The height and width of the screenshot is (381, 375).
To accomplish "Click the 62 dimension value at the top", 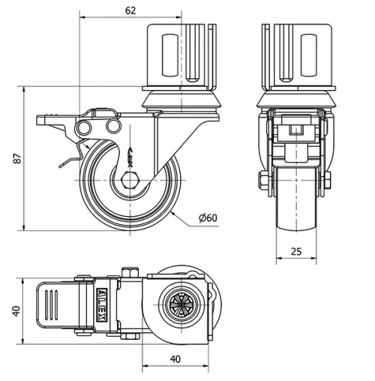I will click(130, 10).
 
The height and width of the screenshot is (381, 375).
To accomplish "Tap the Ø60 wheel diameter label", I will click(208, 217).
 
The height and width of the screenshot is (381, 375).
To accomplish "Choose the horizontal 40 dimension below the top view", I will click(175, 358).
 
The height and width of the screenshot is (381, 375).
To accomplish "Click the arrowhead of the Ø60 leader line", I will click(173, 212).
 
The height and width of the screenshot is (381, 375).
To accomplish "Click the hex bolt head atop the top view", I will click(128, 271).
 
